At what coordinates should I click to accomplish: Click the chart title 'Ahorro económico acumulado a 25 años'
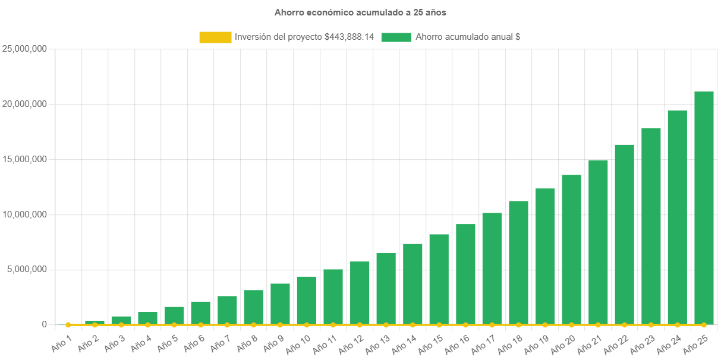click(x=360, y=12)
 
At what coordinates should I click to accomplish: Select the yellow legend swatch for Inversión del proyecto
click(x=215, y=37)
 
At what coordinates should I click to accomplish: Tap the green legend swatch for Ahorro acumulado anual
click(x=396, y=37)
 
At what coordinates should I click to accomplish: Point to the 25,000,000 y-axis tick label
click(x=25, y=49)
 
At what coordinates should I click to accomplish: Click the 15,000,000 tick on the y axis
click(x=25, y=159)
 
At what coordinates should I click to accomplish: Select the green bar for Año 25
click(x=704, y=208)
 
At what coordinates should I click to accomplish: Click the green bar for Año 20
click(x=571, y=250)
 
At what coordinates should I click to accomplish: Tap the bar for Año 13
click(x=386, y=289)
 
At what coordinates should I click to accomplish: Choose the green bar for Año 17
click(x=492, y=269)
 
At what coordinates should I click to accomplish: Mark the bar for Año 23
click(x=651, y=226)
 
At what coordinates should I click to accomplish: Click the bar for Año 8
click(x=253, y=307)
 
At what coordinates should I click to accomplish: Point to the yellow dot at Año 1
click(x=68, y=325)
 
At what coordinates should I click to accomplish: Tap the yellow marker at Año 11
click(x=333, y=325)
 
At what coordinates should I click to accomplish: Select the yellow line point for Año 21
click(x=598, y=325)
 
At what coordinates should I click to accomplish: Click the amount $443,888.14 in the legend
click(x=349, y=37)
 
